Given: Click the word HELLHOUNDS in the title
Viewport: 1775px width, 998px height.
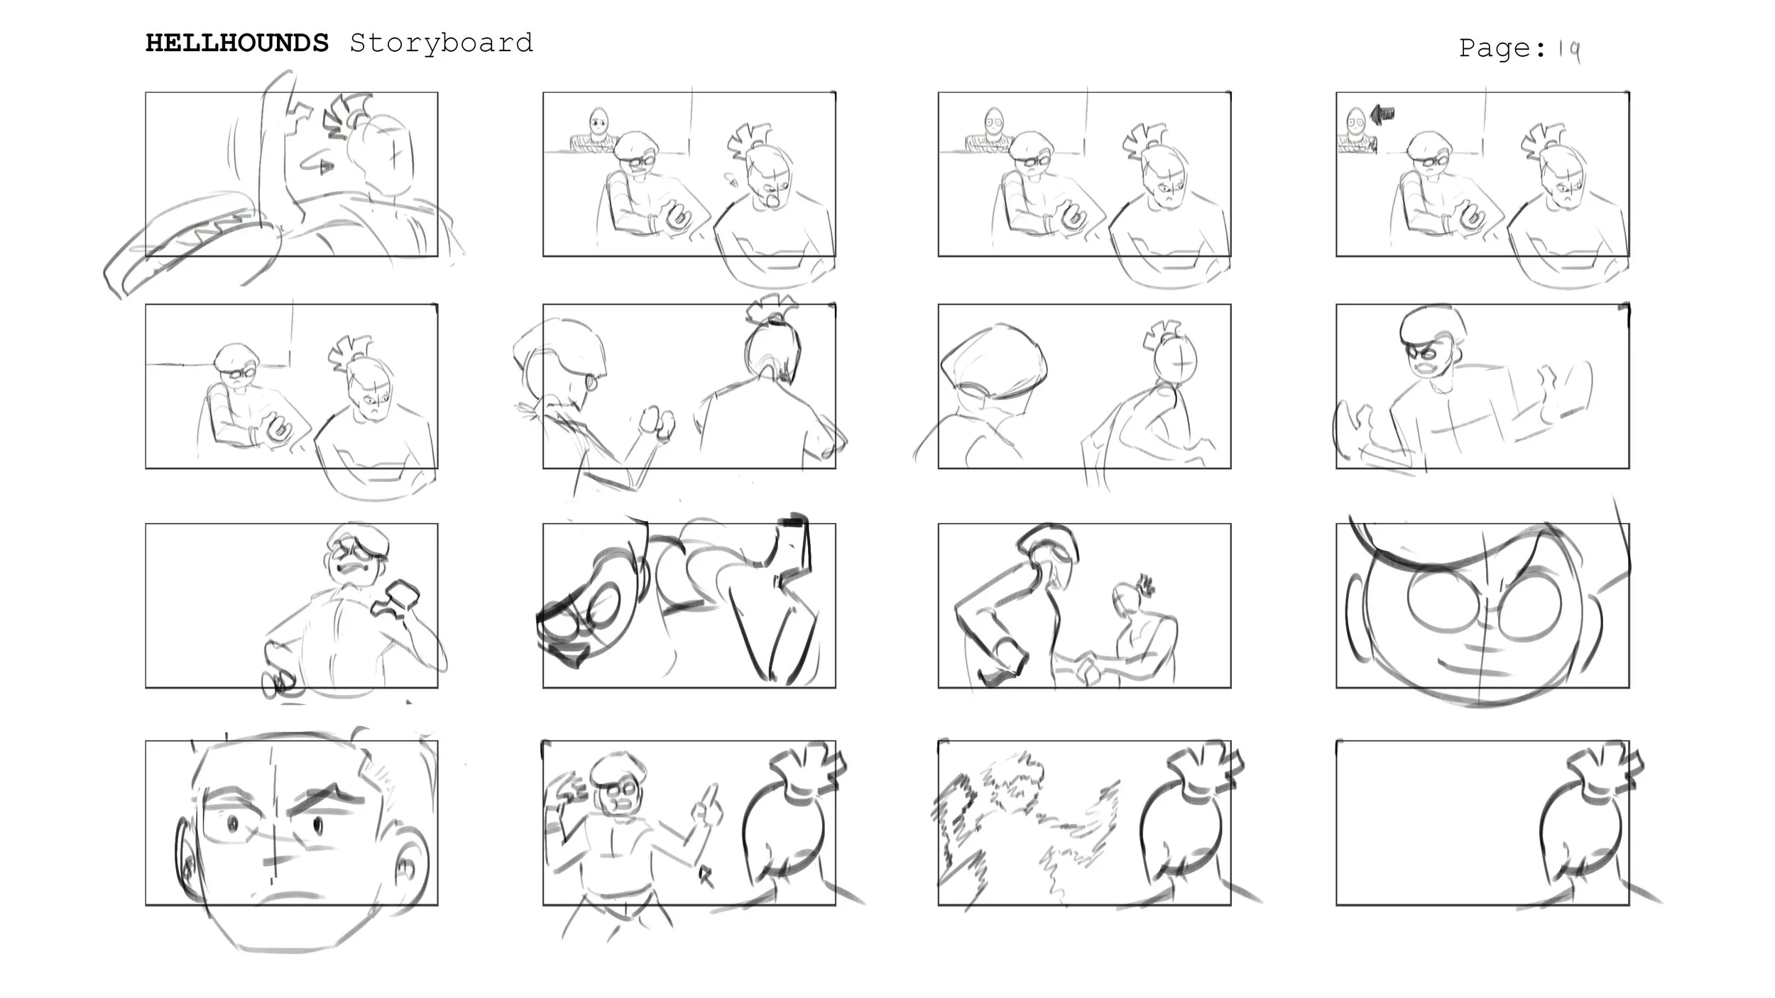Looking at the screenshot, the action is [237, 43].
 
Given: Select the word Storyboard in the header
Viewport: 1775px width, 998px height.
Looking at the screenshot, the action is [441, 43].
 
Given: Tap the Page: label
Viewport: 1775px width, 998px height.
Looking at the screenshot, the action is [1502, 48].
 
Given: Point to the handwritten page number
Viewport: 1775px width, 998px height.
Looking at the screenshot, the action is [1569, 50].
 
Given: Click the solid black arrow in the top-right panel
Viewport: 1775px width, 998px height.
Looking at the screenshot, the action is [1382, 114].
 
